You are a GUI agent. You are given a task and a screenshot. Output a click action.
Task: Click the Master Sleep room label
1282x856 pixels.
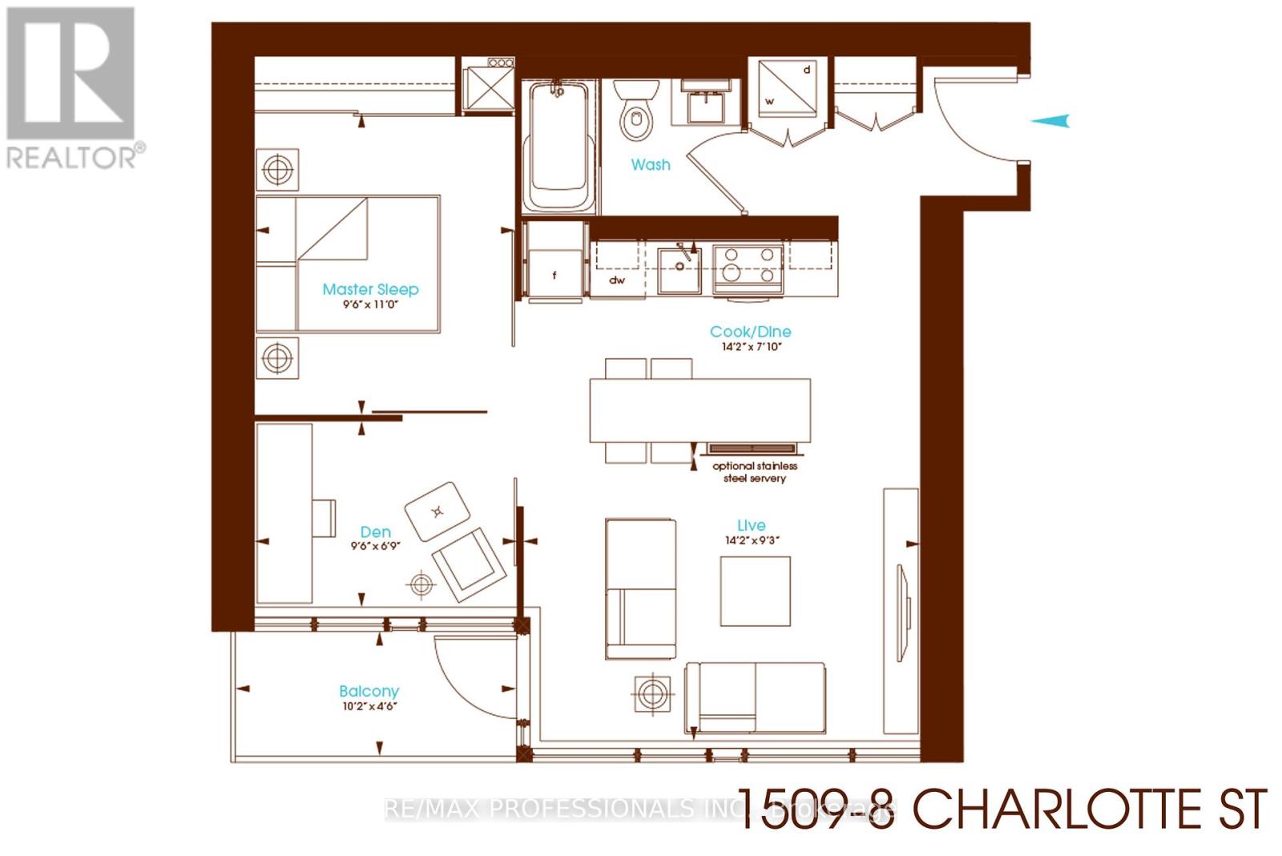370,289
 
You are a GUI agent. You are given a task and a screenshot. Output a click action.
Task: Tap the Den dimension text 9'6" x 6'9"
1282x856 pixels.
375,546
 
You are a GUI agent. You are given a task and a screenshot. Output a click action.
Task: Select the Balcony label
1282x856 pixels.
369,691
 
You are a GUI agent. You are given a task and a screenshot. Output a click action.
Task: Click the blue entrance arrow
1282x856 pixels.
1049,121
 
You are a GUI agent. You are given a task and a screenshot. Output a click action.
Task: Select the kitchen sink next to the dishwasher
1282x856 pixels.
679,269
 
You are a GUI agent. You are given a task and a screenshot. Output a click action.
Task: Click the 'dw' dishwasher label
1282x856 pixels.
617,280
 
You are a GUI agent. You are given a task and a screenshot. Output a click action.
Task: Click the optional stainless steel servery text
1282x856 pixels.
755,471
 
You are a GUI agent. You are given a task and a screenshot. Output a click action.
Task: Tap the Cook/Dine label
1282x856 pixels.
750,331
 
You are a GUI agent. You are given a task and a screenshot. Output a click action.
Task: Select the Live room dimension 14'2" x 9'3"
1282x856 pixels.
752,540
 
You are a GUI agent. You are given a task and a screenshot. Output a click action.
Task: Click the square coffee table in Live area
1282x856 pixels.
755,591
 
